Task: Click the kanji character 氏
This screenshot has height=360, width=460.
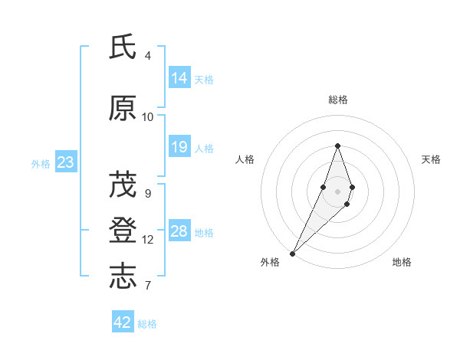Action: click(x=123, y=47)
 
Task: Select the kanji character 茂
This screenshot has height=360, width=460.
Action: click(x=123, y=185)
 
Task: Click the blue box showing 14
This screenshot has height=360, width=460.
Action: click(x=179, y=78)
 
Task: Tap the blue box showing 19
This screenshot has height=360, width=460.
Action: click(x=179, y=147)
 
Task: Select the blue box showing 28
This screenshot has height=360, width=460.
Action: click(x=179, y=231)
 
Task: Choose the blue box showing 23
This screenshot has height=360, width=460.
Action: click(x=65, y=162)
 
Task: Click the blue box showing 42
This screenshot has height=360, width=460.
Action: click(x=123, y=322)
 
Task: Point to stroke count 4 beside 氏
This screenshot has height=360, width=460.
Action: click(x=148, y=56)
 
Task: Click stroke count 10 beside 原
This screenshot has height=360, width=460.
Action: click(x=148, y=117)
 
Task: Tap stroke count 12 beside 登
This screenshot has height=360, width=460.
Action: click(x=148, y=240)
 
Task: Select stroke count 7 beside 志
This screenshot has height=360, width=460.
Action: click(x=148, y=286)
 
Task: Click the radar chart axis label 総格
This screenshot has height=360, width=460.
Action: click(x=338, y=100)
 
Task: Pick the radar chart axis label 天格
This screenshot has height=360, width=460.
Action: click(x=432, y=159)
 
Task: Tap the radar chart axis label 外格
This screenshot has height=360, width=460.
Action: click(x=270, y=262)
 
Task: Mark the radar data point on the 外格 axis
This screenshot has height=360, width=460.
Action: click(x=292, y=253)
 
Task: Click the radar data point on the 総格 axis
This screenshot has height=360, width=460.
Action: click(x=337, y=146)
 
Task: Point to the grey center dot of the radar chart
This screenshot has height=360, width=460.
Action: click(x=337, y=191)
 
